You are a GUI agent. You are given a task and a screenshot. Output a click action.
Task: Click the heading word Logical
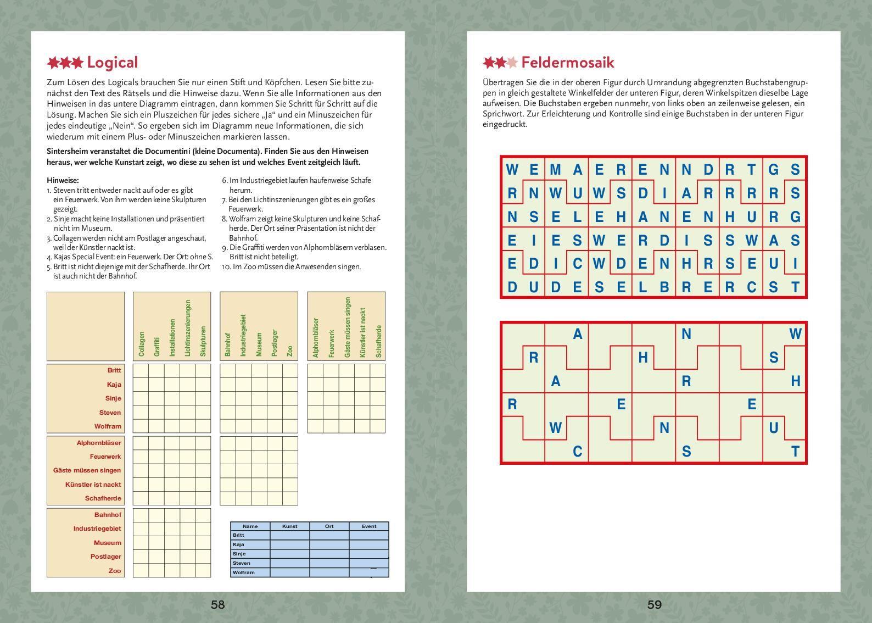112,63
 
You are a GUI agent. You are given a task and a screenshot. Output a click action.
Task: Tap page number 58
218,605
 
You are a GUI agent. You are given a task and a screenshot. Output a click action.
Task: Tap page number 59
654,605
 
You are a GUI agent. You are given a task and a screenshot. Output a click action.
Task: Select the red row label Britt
114,370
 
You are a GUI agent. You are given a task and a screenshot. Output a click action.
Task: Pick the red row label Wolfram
108,426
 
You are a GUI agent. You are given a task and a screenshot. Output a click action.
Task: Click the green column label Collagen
142,344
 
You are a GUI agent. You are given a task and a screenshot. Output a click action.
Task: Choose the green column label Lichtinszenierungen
188,328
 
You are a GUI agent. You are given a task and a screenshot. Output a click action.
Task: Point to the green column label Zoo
290,351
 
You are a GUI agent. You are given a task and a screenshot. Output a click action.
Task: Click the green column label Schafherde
378,341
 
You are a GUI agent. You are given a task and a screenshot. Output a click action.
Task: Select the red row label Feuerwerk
105,457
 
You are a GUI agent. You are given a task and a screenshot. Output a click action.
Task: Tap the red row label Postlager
106,557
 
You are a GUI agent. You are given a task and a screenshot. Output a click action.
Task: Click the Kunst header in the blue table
289,526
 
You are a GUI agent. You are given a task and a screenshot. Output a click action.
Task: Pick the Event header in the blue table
369,526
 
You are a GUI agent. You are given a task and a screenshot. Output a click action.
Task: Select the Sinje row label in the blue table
239,554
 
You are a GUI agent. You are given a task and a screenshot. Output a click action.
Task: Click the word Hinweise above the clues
63,180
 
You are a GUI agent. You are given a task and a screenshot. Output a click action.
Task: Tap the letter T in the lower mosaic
795,452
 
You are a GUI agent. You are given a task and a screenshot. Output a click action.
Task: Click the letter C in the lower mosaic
577,452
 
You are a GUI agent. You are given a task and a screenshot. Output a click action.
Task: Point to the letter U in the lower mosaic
774,428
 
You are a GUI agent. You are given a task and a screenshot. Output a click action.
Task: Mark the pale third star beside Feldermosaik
511,63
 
